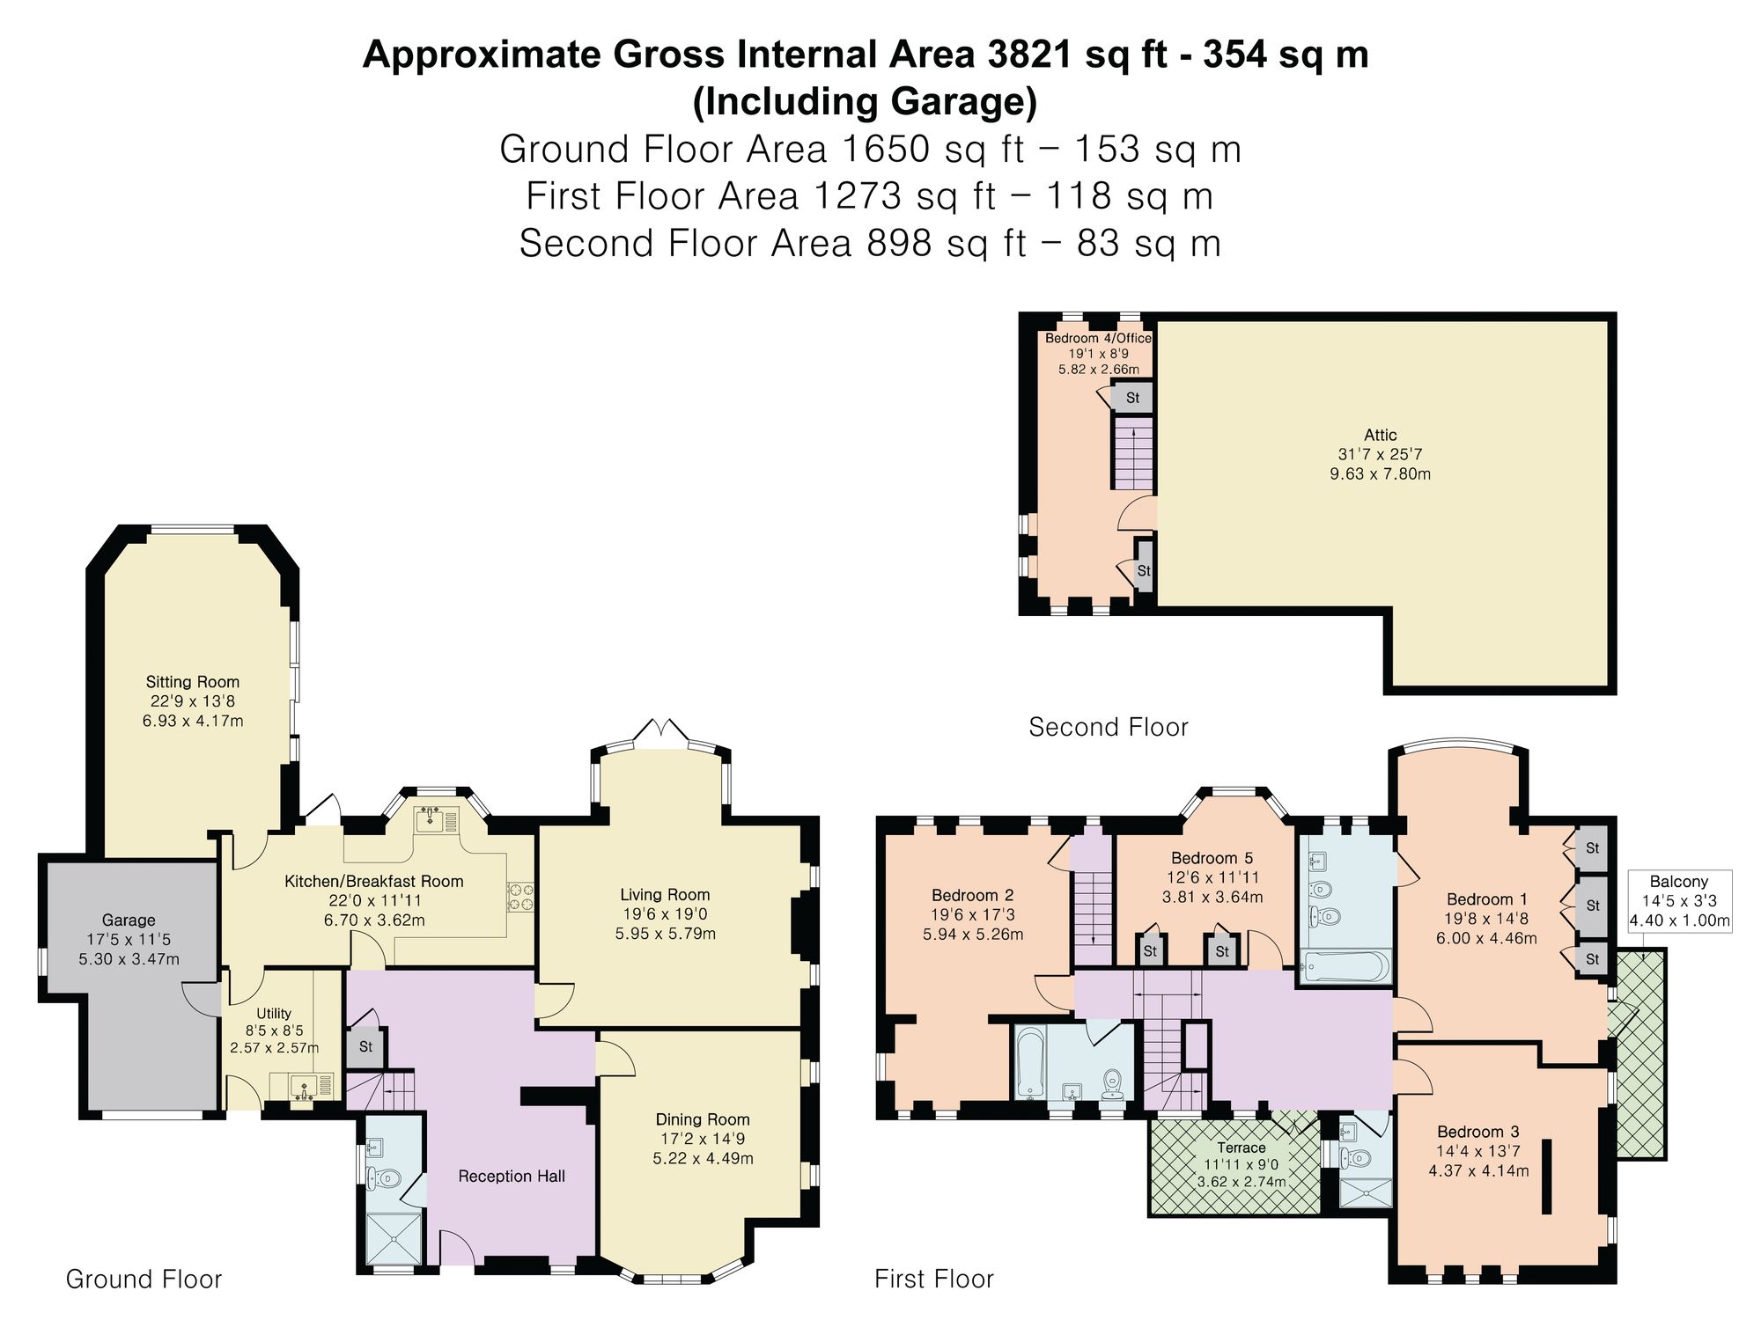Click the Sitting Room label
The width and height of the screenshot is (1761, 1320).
pos(193,682)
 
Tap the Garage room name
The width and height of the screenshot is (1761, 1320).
pos(129,920)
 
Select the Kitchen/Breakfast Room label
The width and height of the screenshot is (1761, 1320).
pos(374,882)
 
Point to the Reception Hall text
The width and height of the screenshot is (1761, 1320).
pos(512,1177)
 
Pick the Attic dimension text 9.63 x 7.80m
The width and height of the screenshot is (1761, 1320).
pos(1380,473)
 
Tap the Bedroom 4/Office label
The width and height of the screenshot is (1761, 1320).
pos(1098,338)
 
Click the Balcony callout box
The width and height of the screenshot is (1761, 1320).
pos(1679,901)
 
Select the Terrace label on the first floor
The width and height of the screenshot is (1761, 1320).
pos(1242,1148)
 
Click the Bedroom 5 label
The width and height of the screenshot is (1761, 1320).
pos(1212,858)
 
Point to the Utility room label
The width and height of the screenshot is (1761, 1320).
pos(274,1014)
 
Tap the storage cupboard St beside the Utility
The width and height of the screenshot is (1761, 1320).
pos(365,1047)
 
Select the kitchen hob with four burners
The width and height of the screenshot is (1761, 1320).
pos(519,897)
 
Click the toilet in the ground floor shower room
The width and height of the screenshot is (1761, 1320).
pos(384,1177)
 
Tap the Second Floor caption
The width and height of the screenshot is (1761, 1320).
pos(1109,727)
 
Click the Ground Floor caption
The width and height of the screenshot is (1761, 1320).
pos(144,1279)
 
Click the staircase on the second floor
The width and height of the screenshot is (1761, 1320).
pos(1134,453)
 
